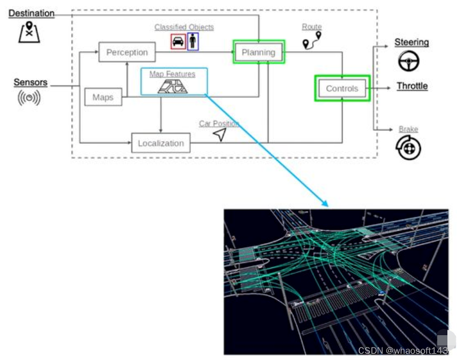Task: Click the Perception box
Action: pyautogui.click(x=127, y=52)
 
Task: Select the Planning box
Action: pyautogui.click(x=258, y=52)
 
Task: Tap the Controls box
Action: pyautogui.click(x=342, y=89)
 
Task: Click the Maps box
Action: pyautogui.click(x=103, y=97)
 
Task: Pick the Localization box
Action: pyautogui.click(x=161, y=143)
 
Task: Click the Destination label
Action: pyautogui.click(x=32, y=13)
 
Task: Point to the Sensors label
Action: pyautogui.click(x=30, y=83)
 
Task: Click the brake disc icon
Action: pyautogui.click(x=408, y=148)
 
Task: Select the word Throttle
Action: pyautogui.click(x=412, y=86)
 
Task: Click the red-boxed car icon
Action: pyautogui.click(x=178, y=41)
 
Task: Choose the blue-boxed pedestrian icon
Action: pyautogui.click(x=193, y=41)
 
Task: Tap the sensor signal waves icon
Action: pyautogui.click(x=29, y=98)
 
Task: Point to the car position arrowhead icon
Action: pyautogui.click(x=219, y=134)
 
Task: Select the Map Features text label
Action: pyautogui.click(x=172, y=74)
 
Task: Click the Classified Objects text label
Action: pyautogui.click(x=184, y=27)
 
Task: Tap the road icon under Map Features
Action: pyautogui.click(x=173, y=86)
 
